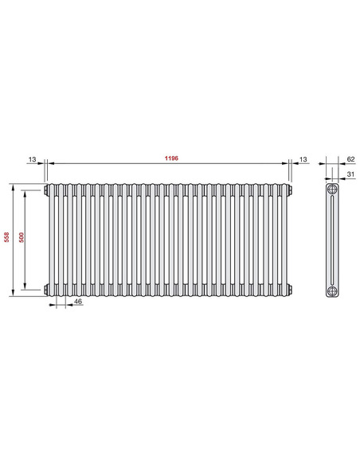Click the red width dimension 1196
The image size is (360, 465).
(169, 158)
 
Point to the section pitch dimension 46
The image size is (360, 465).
(77, 303)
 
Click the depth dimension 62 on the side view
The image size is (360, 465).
(351, 159)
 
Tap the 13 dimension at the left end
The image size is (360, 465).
(32, 159)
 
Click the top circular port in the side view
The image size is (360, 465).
(331, 192)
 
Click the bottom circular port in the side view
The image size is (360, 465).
(331, 288)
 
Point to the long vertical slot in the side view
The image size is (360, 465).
(331, 240)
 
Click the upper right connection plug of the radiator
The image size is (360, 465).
(291, 191)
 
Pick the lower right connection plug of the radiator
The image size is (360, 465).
(291, 288)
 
